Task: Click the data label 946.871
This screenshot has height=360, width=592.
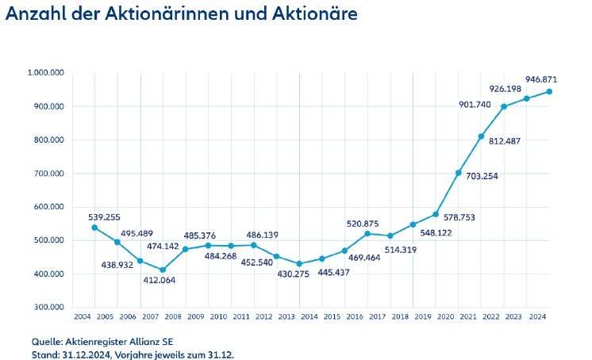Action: [x=542, y=79]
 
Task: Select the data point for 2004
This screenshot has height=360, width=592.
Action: [x=94, y=228]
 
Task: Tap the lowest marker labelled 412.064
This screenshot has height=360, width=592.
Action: [x=163, y=270]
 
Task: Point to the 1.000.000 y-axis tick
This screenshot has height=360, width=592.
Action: [x=45, y=73]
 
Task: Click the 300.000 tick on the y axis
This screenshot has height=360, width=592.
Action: [x=48, y=308]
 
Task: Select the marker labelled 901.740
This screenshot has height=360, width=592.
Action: [x=503, y=107]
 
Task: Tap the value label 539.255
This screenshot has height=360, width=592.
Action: [x=106, y=215]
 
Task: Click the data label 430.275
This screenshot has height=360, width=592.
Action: [x=294, y=274]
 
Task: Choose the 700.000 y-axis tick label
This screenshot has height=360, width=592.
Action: [x=48, y=174]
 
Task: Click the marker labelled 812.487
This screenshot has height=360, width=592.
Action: [x=481, y=136]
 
